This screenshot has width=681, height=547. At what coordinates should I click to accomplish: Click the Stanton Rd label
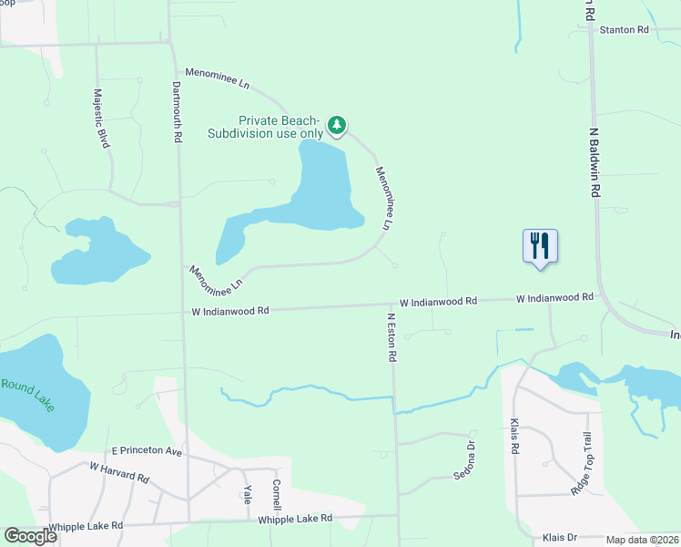(x=624, y=30)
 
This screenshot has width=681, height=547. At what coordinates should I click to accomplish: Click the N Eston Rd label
(x=391, y=337)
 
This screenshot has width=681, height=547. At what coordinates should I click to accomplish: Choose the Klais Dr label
(x=560, y=537)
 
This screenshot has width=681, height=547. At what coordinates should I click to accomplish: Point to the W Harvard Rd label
(x=118, y=471)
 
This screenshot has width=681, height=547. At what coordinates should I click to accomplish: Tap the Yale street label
(x=247, y=493)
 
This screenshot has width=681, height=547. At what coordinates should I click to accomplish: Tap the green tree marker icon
(x=337, y=124)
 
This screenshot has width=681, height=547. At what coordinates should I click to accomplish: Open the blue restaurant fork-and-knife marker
(x=540, y=245)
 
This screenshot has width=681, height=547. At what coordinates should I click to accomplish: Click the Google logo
(x=31, y=536)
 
